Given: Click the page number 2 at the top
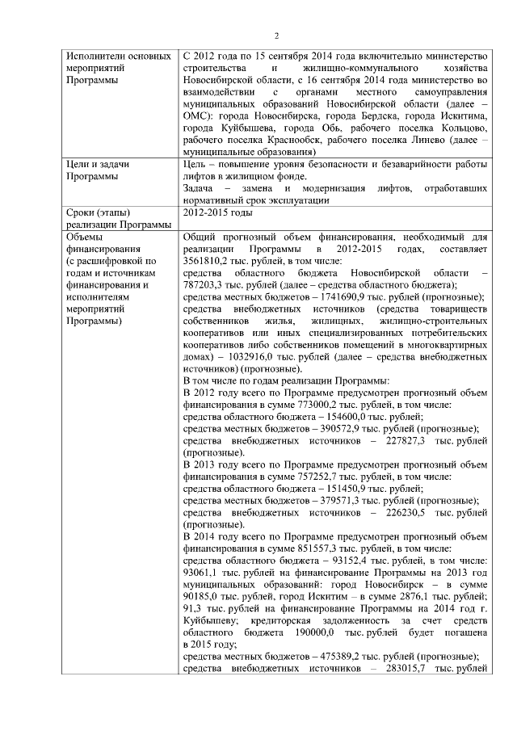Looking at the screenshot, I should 276,36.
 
